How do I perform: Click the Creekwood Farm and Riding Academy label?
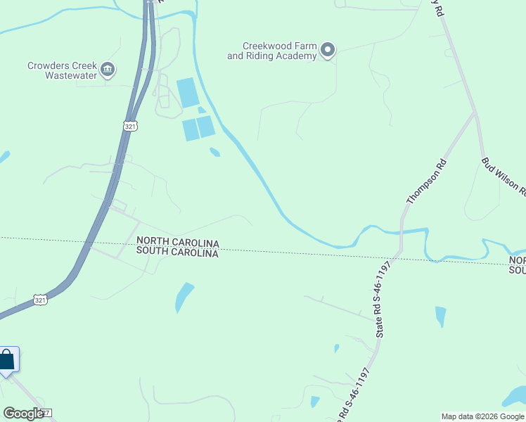(x=271, y=51)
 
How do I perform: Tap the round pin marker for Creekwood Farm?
(x=327, y=50)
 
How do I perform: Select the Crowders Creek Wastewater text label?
(x=62, y=70)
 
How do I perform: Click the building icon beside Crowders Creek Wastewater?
(x=108, y=69)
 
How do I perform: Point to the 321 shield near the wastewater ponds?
(x=129, y=126)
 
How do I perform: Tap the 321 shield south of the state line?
(x=41, y=300)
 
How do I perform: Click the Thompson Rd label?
(x=426, y=181)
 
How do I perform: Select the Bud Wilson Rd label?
(x=503, y=175)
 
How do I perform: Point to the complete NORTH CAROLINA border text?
(x=177, y=242)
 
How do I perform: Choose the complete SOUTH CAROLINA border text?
(x=177, y=252)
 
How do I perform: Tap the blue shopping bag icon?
(x=7, y=360)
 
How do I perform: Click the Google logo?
(x=23, y=414)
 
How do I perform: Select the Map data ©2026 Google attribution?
(x=482, y=416)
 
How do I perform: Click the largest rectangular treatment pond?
(x=188, y=93)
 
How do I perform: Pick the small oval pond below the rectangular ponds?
(x=214, y=151)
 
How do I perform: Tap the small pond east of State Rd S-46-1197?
(x=440, y=316)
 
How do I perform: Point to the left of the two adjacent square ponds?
(x=191, y=130)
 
